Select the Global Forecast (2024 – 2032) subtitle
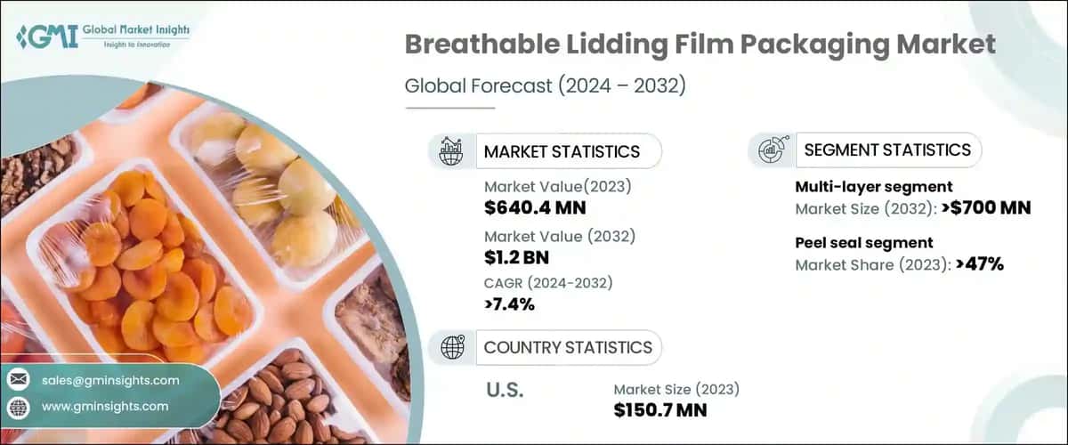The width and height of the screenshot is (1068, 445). click(545, 86)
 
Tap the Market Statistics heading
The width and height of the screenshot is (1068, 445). click(562, 151)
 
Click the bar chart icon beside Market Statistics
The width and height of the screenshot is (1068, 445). click(450, 151)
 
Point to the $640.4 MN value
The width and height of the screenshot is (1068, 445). click(535, 209)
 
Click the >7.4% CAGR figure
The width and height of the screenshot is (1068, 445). click(510, 305)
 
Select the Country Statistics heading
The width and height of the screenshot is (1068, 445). click(568, 347)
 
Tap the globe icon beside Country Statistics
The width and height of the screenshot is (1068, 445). click(451, 347)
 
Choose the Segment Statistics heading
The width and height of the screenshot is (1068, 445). click(887, 150)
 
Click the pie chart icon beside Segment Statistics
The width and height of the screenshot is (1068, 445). click(771, 150)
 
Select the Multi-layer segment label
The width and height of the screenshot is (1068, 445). click(874, 187)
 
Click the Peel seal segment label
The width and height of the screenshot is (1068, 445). click(863, 242)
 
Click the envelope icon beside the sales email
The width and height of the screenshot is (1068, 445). click(18, 380)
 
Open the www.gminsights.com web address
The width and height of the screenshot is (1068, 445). click(104, 406)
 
